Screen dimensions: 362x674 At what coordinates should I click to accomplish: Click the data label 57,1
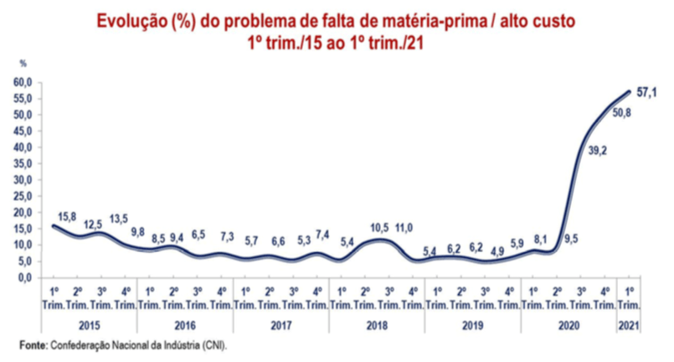646,93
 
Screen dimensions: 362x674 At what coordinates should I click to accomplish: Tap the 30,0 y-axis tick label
23,179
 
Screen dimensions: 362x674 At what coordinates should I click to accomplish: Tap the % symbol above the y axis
23,64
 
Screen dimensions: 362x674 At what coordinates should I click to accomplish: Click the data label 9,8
138,232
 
